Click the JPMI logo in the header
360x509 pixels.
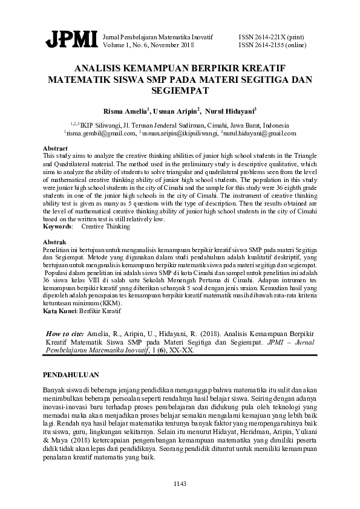point(71,39)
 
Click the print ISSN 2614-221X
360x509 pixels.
point(264,37)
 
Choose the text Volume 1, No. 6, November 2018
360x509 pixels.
point(149,45)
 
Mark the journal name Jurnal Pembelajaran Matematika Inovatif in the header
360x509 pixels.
point(159,37)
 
